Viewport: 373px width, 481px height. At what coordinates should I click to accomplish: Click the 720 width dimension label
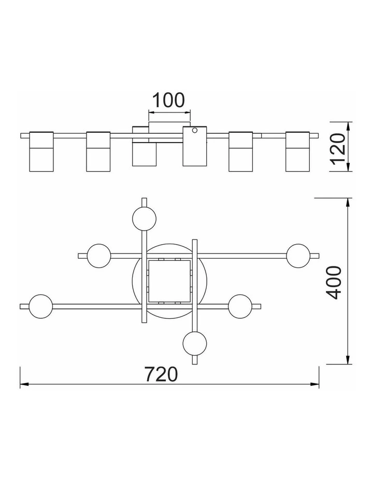161,374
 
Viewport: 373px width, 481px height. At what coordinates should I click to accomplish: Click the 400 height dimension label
334,282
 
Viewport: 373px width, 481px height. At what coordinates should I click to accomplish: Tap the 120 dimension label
338,148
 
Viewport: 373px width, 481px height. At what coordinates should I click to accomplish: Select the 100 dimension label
168,100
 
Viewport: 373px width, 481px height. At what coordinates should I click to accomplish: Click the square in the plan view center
169,281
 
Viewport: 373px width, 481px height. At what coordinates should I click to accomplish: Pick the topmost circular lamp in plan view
145,218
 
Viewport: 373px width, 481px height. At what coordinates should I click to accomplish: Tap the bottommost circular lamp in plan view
195,343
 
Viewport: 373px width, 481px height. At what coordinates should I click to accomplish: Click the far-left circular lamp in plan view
41,306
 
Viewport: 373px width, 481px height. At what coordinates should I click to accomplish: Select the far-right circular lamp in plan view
298,256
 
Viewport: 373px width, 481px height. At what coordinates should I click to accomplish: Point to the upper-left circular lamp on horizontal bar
99,256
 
